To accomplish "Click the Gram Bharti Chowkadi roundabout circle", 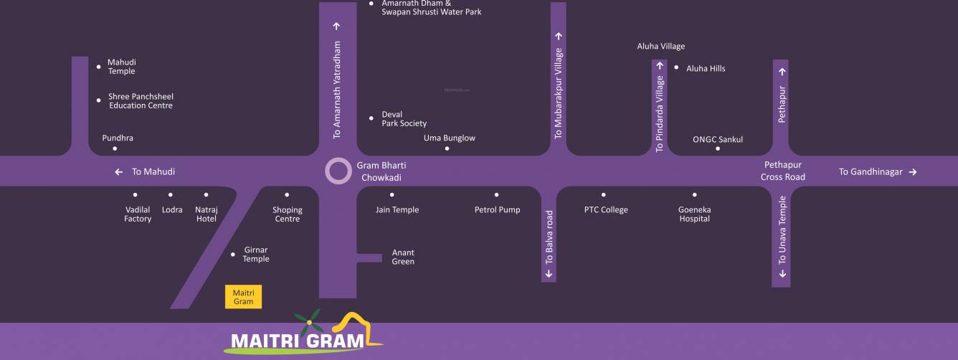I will (x=338, y=172).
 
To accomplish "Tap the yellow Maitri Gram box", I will (x=243, y=297).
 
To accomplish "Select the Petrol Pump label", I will (x=497, y=210).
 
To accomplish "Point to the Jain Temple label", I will (x=397, y=210).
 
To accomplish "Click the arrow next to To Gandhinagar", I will (x=913, y=172).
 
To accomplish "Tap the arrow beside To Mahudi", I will (x=119, y=172).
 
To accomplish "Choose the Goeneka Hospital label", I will (x=694, y=214).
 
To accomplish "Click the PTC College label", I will (x=606, y=210).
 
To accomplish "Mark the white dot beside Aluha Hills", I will (x=676, y=67).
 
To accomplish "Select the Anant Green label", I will (x=403, y=257).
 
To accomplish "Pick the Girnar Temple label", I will (x=256, y=255).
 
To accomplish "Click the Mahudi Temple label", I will (x=121, y=67).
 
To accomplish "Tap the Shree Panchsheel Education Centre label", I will (x=141, y=101).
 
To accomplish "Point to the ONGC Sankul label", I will (x=718, y=140).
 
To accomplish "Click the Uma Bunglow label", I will (x=450, y=138).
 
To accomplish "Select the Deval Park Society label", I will (x=404, y=119).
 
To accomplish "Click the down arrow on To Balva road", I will (x=549, y=273).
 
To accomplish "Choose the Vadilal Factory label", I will (x=138, y=214).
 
